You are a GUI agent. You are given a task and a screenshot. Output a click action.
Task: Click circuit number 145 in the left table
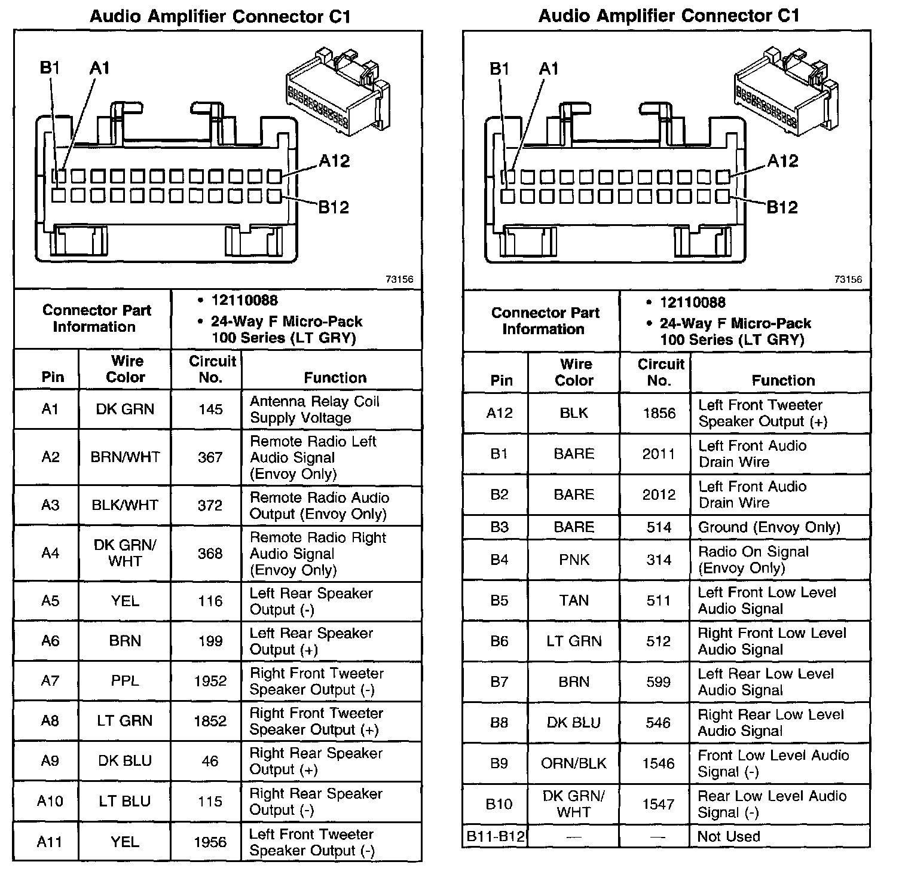(210, 410)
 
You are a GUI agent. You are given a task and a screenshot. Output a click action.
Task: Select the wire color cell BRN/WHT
(125, 457)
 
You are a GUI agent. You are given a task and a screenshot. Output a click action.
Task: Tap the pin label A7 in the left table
(50, 681)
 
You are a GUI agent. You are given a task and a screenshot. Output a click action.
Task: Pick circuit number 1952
(210, 681)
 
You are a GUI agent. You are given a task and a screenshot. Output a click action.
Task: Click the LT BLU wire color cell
(125, 801)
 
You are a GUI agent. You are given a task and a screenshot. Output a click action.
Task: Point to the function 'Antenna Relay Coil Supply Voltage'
(314, 410)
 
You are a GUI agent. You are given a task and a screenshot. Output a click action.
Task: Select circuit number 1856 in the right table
(659, 413)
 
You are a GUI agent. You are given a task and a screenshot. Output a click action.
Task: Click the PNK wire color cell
(574, 560)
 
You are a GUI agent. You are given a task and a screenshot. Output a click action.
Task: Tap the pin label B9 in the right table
(499, 763)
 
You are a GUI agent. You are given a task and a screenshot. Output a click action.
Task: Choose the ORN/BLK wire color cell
(574, 763)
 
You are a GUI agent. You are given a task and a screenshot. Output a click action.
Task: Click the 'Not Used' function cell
(729, 836)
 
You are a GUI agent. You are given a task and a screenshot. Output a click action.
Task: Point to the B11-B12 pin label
(496, 836)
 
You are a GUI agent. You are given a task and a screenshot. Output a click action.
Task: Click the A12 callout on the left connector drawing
(334, 161)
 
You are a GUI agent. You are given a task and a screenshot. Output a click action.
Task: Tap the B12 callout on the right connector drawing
(782, 207)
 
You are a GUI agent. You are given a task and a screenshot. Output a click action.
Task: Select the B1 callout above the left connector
(50, 68)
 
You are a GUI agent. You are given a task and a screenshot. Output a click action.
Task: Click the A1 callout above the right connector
(549, 69)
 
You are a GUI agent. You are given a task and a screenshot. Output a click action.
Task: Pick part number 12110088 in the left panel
(244, 301)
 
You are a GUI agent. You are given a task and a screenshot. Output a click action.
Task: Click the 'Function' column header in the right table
(783, 380)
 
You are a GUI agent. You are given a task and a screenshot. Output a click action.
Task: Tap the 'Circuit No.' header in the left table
(212, 369)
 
